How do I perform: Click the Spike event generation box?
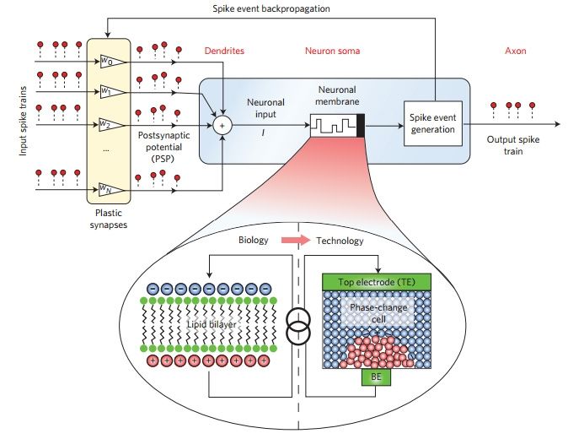[433, 123]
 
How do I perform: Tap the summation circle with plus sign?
[222, 126]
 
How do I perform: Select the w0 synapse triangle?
[112, 62]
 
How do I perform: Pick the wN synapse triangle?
[112, 189]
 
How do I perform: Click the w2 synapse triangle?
[112, 124]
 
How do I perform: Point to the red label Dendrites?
[224, 51]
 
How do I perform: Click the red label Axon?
[516, 51]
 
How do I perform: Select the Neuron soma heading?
[332, 51]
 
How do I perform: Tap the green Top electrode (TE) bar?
[377, 282]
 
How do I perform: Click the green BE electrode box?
[376, 377]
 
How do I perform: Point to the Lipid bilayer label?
[212, 324]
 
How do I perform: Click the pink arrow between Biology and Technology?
[296, 241]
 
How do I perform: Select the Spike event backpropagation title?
[271, 8]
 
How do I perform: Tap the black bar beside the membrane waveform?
[361, 126]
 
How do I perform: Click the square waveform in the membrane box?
[334, 126]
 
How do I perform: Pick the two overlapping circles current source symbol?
[298, 325]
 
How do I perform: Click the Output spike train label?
[513, 145]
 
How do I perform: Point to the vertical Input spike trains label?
[23, 122]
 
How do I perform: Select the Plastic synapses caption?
[109, 219]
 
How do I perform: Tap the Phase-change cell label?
[378, 313]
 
